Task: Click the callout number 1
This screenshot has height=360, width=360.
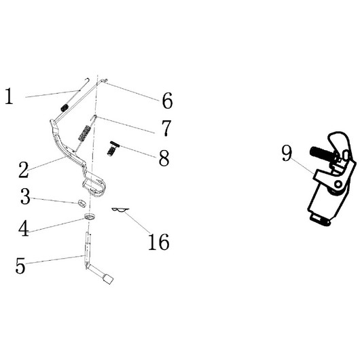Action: tap(9, 96)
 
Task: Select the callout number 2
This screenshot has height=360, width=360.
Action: tap(24, 170)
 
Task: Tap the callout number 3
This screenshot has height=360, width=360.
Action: tap(25, 196)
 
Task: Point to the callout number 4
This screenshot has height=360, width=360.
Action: tap(24, 228)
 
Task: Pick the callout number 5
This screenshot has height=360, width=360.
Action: tap(20, 266)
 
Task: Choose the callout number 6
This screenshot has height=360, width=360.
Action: tap(167, 101)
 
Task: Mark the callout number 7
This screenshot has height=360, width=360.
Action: tap(166, 128)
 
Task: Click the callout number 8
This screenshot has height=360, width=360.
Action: tap(164, 158)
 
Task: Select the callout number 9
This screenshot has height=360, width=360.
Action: tap(287, 154)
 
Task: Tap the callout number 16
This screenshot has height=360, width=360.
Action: tap(159, 242)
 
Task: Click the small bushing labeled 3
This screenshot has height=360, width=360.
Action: tap(82, 203)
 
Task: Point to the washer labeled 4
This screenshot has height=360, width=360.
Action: tap(90, 216)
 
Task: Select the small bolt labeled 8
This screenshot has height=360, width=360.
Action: tap(113, 148)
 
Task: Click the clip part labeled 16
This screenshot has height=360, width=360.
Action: tap(120, 210)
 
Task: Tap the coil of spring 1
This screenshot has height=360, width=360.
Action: tap(65, 107)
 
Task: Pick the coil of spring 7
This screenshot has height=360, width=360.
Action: tap(84, 133)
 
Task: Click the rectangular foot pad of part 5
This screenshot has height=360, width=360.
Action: tap(108, 278)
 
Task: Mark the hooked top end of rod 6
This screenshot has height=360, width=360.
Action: tap(105, 81)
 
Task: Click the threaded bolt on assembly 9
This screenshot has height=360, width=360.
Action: tap(320, 153)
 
